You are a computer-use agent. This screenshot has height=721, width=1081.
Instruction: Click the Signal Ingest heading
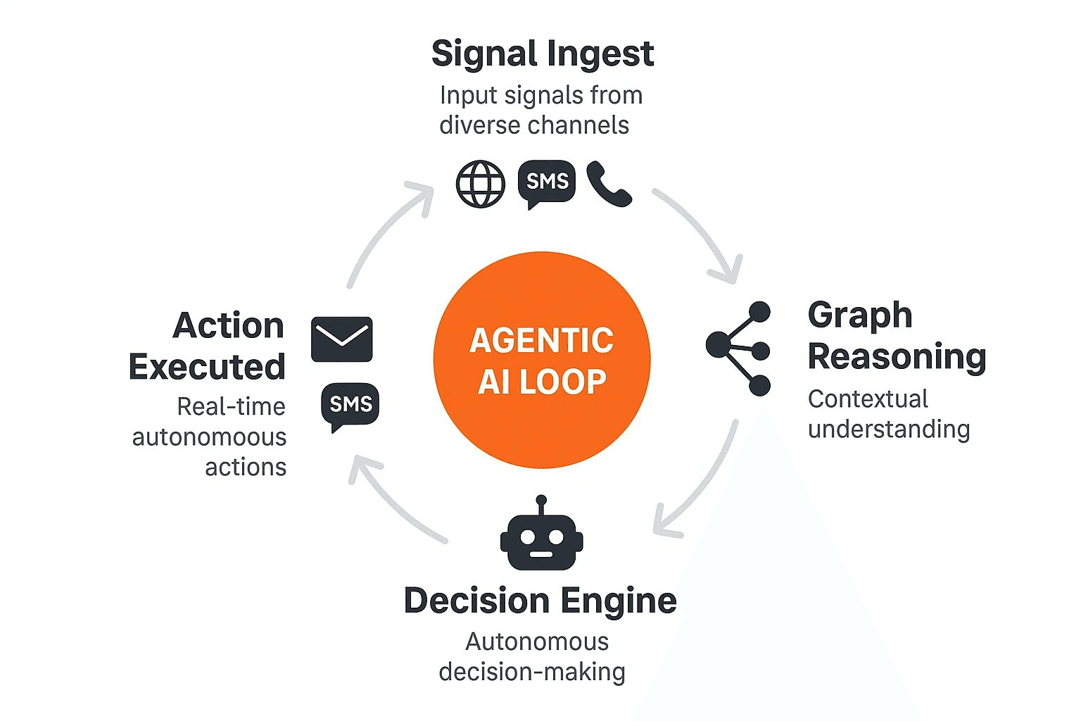pos(542,54)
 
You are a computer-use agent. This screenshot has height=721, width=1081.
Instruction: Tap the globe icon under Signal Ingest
pos(481,184)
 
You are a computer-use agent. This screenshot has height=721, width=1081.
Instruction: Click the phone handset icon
pos(609,184)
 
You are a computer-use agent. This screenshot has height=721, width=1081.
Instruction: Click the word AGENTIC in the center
pos(542,341)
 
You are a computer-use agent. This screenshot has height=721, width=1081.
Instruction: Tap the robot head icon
pos(541,541)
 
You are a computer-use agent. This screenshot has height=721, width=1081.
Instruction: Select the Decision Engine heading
pos(540,601)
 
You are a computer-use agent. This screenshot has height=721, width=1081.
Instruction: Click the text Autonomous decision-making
pos(533,656)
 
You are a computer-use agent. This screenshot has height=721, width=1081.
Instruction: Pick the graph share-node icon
pos(739,349)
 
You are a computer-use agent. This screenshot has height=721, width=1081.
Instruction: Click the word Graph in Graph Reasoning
pos(860,315)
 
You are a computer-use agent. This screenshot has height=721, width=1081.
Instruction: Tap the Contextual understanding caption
pos(888,414)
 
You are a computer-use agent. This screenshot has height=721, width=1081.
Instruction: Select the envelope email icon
pos(342,339)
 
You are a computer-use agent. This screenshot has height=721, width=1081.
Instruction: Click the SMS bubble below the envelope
pos(350,405)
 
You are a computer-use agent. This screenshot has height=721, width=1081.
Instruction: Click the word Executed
pos(207,367)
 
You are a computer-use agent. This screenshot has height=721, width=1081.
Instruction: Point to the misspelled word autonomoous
pos(209,437)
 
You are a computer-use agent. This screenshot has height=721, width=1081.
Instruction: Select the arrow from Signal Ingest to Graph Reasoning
pos(704,232)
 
